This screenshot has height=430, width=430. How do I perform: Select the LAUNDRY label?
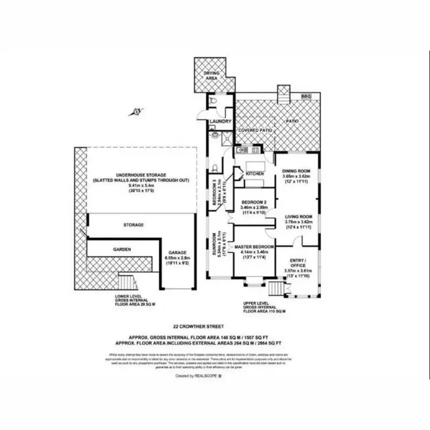tap(220, 122)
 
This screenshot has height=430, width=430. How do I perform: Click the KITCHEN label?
tap(255, 173)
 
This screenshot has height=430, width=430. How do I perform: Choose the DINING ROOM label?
tap(297, 171)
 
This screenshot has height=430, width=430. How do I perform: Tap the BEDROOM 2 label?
tap(253, 203)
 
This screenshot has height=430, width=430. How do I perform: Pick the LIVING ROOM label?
tap(297, 216)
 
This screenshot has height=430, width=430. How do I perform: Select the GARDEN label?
tap(122, 249)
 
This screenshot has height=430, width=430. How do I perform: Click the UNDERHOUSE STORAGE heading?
tap(140, 174)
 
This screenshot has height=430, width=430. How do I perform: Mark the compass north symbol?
tap(136, 111)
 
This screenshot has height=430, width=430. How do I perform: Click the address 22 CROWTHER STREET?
tap(198, 325)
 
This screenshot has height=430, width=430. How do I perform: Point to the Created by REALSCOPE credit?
tap(198, 376)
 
